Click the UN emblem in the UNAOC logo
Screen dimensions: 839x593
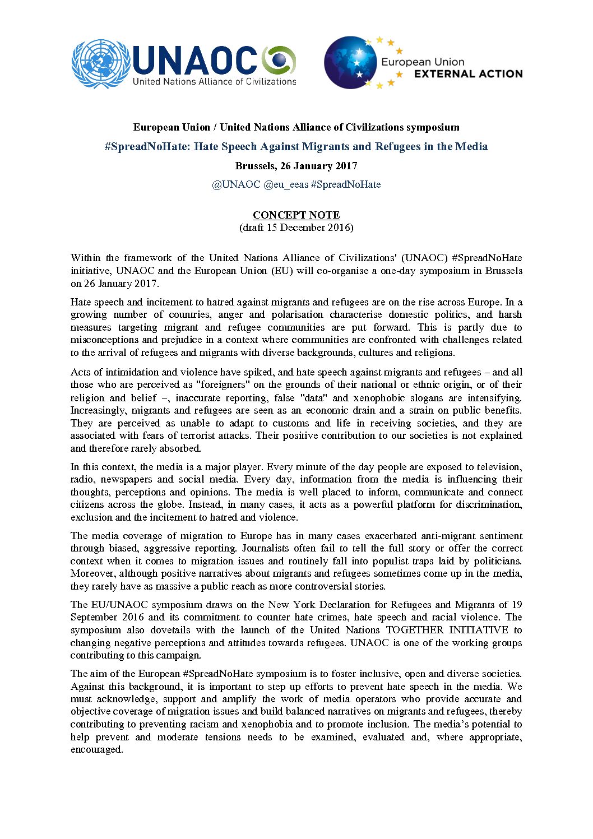[x=100, y=63]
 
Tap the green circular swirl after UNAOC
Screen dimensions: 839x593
[x=279, y=59]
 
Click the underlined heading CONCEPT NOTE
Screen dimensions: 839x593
[x=296, y=215]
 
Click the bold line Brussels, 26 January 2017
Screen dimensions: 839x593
[x=296, y=166]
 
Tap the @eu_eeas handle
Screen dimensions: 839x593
[x=285, y=184]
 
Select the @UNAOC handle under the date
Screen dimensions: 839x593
[x=236, y=184]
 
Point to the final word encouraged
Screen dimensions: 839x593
[x=96, y=749]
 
